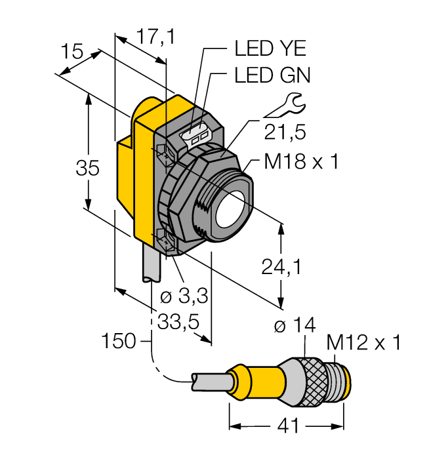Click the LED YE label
[x=270, y=49]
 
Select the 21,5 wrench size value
[x=285, y=132]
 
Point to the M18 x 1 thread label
[x=301, y=162]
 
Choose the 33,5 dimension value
[x=178, y=321]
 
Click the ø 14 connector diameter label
[x=295, y=325]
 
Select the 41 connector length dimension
[x=287, y=426]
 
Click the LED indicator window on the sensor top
[x=197, y=136]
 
